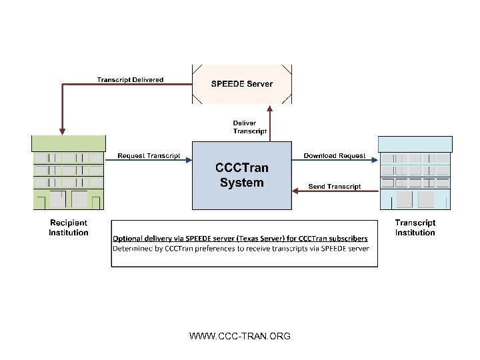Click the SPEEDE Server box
point(241,84)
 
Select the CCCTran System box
point(241,175)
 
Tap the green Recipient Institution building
point(69,172)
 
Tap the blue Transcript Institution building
point(415,173)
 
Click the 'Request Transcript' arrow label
point(149,155)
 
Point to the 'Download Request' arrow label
point(335,155)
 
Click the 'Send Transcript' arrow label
point(335,186)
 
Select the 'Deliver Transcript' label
point(249,127)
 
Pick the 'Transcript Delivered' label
point(130,80)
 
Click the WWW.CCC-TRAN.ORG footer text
point(240,336)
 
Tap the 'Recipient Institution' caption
point(69,227)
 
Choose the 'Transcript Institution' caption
point(415,227)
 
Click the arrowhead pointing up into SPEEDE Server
point(269,108)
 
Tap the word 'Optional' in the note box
point(128,238)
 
